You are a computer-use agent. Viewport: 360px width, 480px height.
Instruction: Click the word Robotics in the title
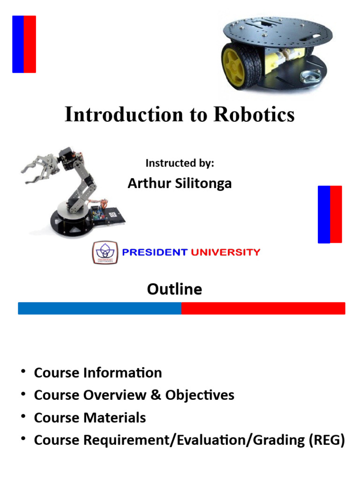(x=254, y=115)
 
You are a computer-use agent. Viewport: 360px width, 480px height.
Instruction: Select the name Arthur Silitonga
(x=180, y=183)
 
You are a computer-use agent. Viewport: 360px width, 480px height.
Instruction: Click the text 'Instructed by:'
(x=180, y=163)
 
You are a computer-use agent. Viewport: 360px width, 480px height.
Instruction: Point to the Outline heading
(x=174, y=289)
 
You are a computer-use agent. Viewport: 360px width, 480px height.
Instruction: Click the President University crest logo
(x=105, y=252)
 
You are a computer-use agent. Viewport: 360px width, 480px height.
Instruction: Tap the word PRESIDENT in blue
(x=154, y=252)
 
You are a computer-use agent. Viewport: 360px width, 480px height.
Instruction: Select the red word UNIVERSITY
(x=225, y=252)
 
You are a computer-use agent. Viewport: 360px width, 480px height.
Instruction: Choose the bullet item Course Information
(x=98, y=373)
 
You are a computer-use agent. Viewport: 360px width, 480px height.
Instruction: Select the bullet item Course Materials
(x=90, y=418)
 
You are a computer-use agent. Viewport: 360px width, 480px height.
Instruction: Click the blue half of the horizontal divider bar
(x=99, y=308)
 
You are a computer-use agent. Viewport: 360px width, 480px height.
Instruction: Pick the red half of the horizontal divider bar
(x=263, y=308)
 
